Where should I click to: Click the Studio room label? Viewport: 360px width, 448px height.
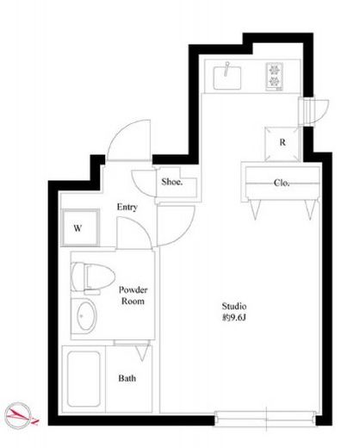(x=234, y=306)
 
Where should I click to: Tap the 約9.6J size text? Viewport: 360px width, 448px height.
(x=234, y=318)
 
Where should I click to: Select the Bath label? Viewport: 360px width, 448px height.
(x=127, y=378)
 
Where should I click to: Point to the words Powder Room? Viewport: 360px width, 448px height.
(x=133, y=296)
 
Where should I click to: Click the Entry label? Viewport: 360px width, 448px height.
(x=127, y=207)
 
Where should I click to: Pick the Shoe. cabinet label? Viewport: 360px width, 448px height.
(x=172, y=182)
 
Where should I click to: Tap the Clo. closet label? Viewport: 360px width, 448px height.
(x=282, y=183)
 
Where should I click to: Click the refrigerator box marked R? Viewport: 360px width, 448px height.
(x=282, y=144)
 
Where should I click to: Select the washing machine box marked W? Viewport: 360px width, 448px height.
(x=80, y=227)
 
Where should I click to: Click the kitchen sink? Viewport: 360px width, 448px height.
(x=227, y=77)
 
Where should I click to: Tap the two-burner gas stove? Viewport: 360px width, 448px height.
(x=274, y=77)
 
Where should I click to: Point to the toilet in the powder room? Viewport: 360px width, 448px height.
(x=92, y=277)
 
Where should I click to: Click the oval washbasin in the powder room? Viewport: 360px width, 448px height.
(x=86, y=316)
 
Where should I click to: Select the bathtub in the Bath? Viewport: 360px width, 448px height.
(x=84, y=379)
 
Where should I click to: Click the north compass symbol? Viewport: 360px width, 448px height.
(x=20, y=415)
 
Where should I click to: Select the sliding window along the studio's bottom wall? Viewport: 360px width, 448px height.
(x=265, y=419)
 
